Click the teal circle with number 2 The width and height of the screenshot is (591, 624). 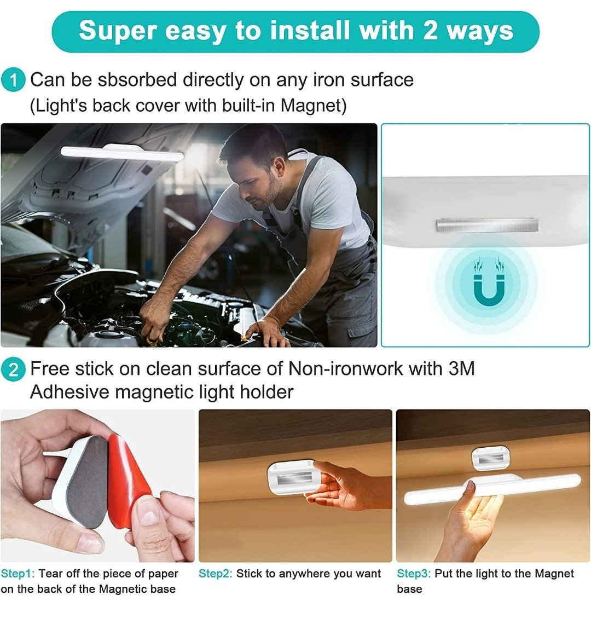click(13, 369)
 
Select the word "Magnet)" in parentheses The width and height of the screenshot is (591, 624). click(314, 106)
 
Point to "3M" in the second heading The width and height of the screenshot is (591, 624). click(462, 369)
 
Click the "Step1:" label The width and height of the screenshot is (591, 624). click(18, 574)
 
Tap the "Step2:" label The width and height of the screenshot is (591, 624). click(215, 574)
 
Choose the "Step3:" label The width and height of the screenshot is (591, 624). click(414, 574)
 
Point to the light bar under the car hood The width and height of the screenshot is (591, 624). click(122, 153)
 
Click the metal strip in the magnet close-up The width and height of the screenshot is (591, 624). click(486, 226)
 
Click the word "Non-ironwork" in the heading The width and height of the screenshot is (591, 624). click(345, 369)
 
